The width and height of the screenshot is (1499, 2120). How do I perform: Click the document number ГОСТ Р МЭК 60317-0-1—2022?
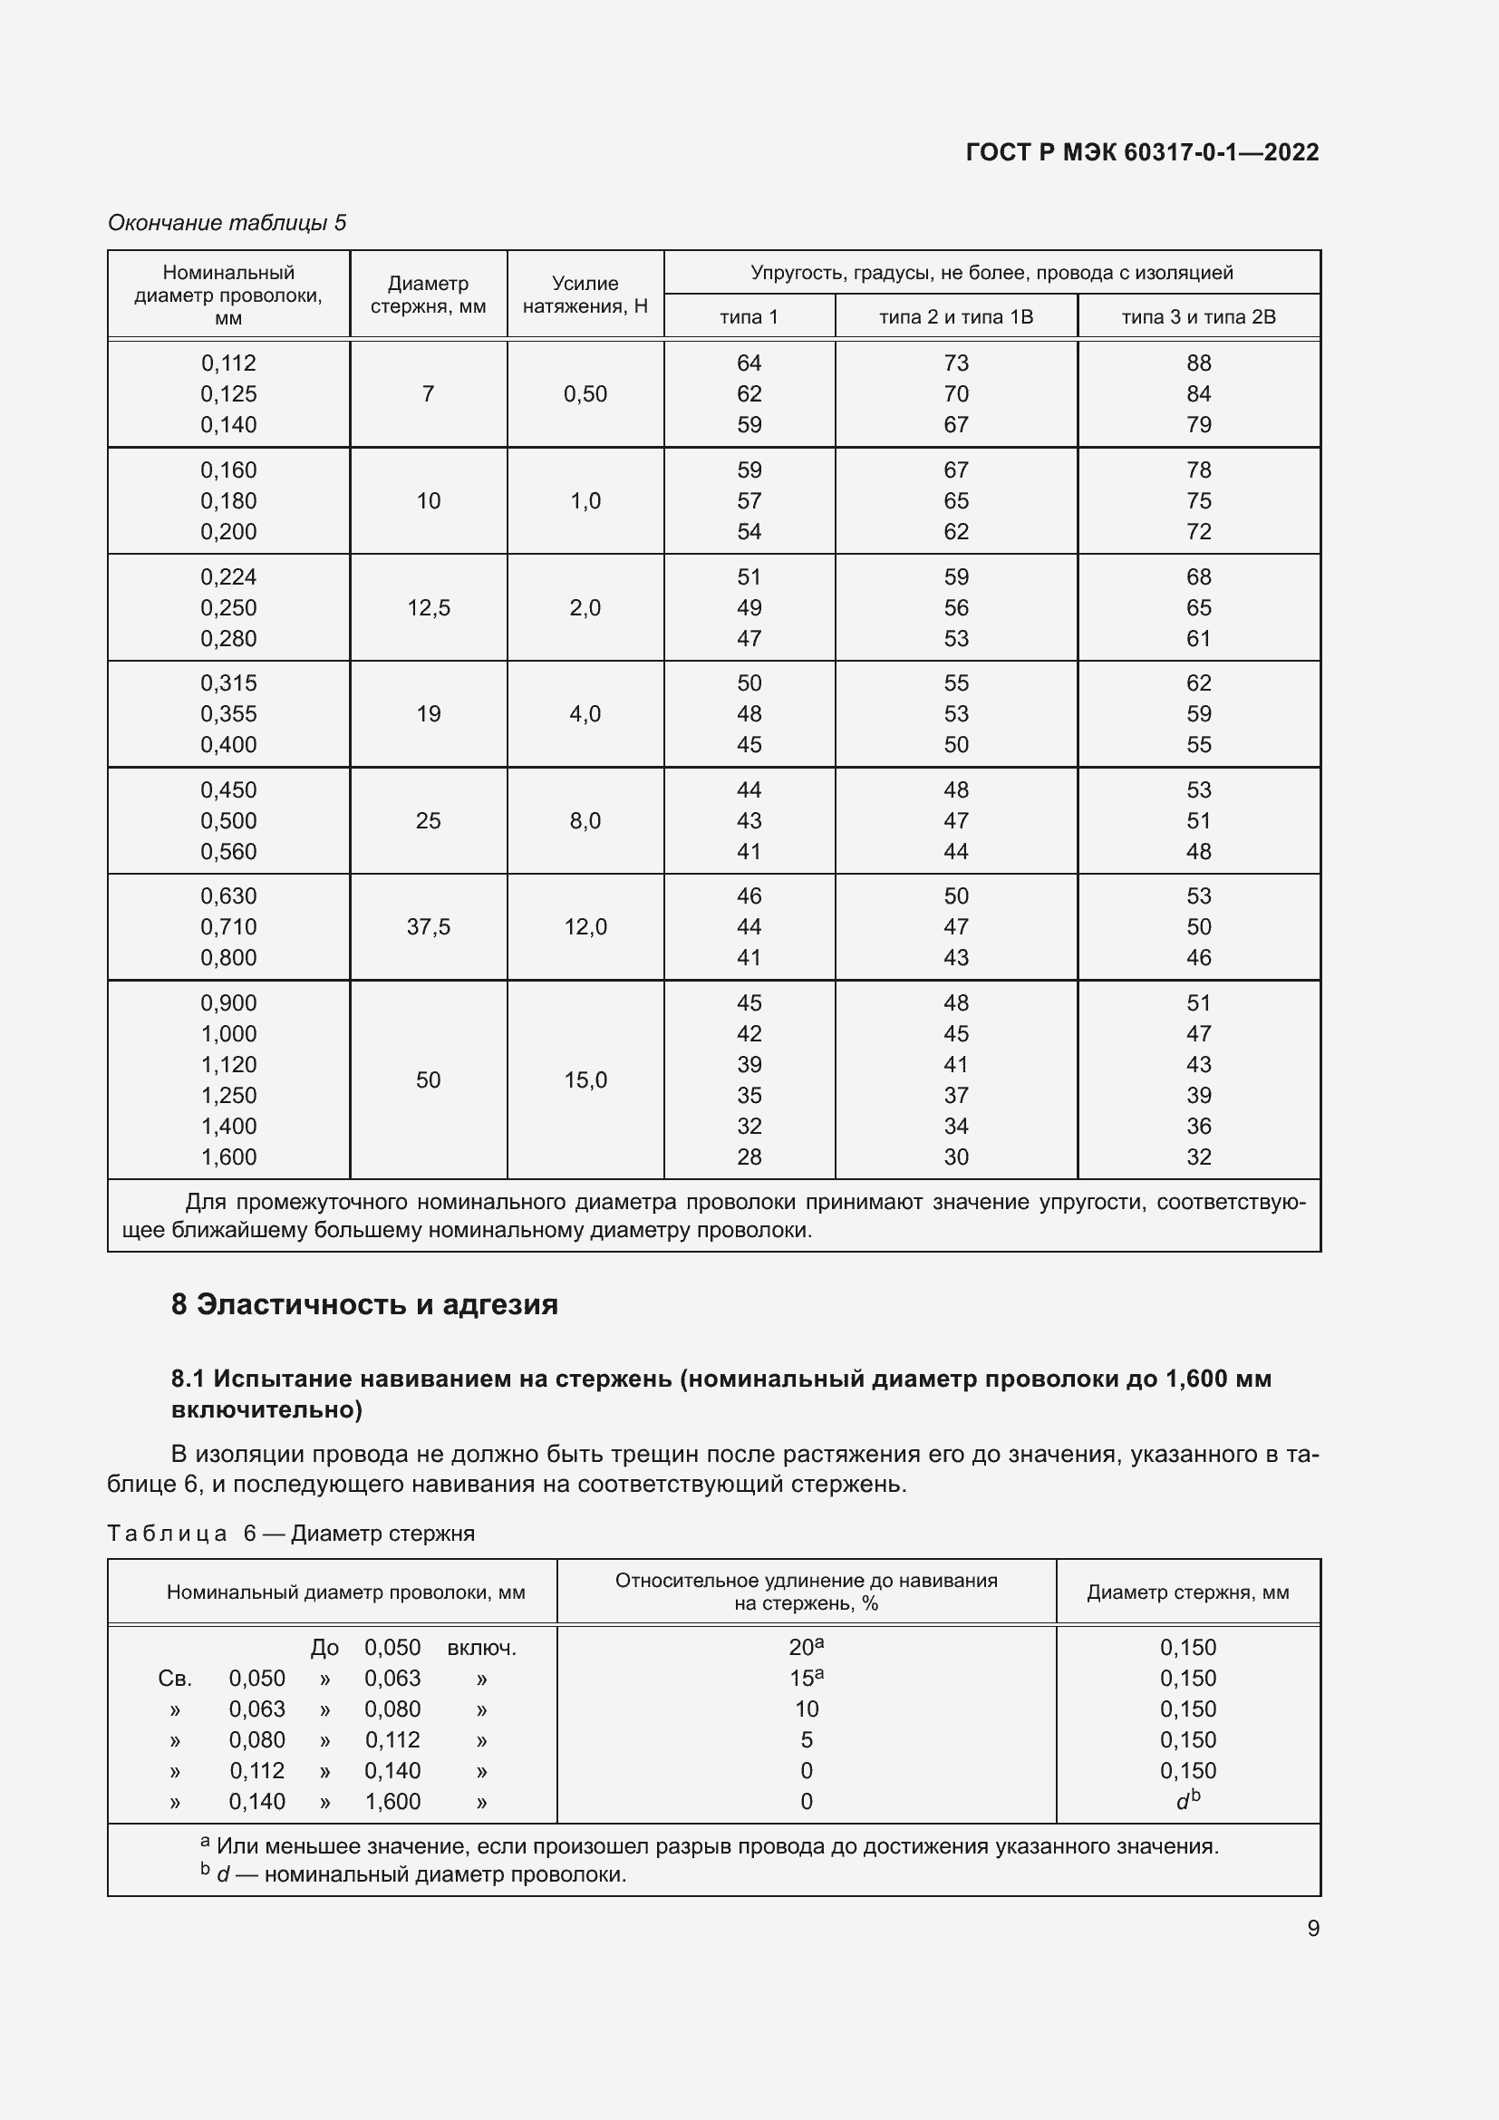pyautogui.click(x=1142, y=152)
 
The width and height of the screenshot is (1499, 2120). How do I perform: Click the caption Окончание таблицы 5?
pyautogui.click(x=227, y=223)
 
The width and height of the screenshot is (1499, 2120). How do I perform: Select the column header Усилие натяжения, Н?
pyautogui.click(x=585, y=295)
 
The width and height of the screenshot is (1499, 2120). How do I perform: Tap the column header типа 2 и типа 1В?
pyautogui.click(x=955, y=316)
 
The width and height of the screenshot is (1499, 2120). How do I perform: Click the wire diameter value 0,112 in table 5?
pyautogui.click(x=228, y=363)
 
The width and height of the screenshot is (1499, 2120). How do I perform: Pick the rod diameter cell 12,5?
pyautogui.click(x=429, y=607)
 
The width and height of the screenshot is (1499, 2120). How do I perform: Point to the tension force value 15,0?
pyautogui.click(x=585, y=1079)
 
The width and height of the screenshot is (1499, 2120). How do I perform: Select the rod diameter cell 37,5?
pyautogui.click(x=429, y=926)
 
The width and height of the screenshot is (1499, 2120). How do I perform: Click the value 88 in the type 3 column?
pyautogui.click(x=1198, y=363)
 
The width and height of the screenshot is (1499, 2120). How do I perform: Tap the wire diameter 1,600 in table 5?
pyautogui.click(x=228, y=1156)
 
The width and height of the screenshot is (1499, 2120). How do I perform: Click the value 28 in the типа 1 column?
pyautogui.click(x=749, y=1156)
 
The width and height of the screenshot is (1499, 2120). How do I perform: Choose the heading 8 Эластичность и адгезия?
pyautogui.click(x=364, y=1303)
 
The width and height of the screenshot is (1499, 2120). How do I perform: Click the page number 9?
pyautogui.click(x=1312, y=1928)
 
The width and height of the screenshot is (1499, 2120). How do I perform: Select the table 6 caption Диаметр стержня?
pyautogui.click(x=382, y=1533)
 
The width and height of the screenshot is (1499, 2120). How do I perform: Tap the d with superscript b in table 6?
pyautogui.click(x=1188, y=1800)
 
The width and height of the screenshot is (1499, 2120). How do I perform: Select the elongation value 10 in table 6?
pyautogui.click(x=806, y=1709)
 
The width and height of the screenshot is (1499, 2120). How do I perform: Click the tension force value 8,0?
pyautogui.click(x=585, y=820)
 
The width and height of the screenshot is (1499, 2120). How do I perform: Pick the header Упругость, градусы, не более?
pyautogui.click(x=991, y=273)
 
